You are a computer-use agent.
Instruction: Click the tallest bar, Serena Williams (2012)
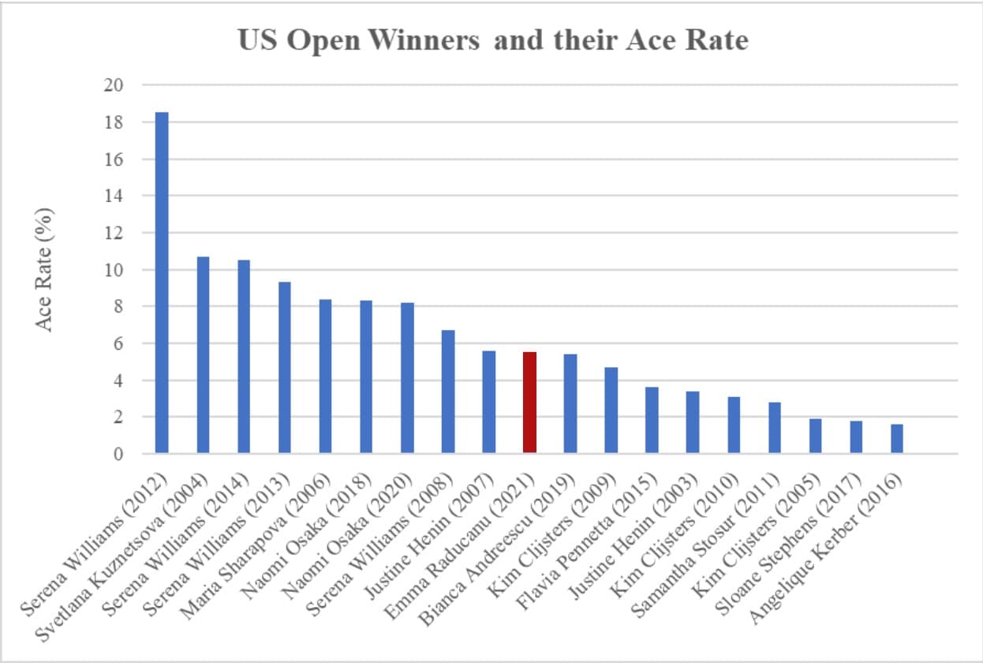[162, 283]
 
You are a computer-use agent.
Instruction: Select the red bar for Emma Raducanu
[529, 403]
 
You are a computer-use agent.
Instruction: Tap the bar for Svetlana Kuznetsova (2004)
[203, 354]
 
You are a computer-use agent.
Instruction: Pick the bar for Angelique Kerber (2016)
[897, 439]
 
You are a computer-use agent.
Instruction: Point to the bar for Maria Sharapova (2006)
[325, 376]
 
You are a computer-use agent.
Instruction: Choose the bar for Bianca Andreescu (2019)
[570, 403]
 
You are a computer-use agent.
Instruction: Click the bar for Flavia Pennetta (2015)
[652, 420]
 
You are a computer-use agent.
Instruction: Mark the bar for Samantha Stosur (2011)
[775, 428]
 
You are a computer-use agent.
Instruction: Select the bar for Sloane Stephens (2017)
[856, 437]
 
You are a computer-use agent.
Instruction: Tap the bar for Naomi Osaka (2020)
[407, 378]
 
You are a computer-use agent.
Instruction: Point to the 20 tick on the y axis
[114, 84]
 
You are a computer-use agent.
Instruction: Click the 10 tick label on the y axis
[114, 270]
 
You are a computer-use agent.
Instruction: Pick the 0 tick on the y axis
[118, 454]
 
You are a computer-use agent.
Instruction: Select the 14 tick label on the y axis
[114, 196]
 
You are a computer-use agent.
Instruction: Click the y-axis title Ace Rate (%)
[43, 270]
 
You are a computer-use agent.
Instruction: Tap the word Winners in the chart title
[424, 40]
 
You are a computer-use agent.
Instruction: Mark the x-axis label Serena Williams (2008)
[380, 545]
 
